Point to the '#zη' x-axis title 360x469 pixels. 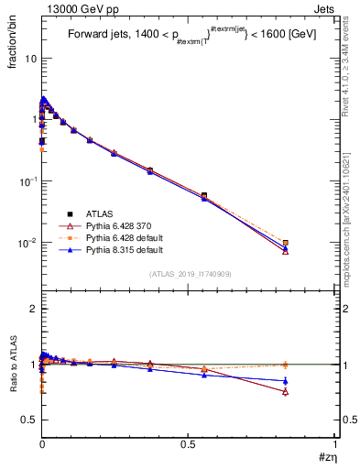click(325, 455)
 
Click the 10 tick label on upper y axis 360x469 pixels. click(29, 58)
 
